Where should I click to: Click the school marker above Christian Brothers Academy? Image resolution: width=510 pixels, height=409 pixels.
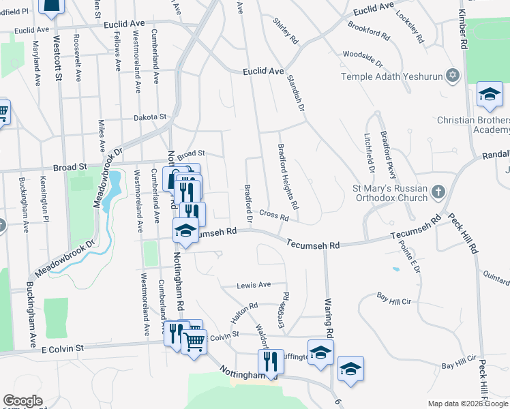click(490, 96)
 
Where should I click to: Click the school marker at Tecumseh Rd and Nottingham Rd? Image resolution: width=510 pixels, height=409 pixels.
click(185, 230)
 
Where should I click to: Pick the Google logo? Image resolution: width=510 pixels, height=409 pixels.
click(22, 401)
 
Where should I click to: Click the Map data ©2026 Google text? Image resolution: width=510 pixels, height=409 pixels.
click(468, 404)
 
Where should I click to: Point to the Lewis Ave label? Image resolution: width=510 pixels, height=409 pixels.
click(254, 285)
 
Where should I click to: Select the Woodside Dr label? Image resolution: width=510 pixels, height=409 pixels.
click(363, 55)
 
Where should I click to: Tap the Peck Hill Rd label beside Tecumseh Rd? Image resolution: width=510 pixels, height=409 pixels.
click(462, 234)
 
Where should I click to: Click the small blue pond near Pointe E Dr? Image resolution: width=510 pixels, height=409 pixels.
click(396, 269)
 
